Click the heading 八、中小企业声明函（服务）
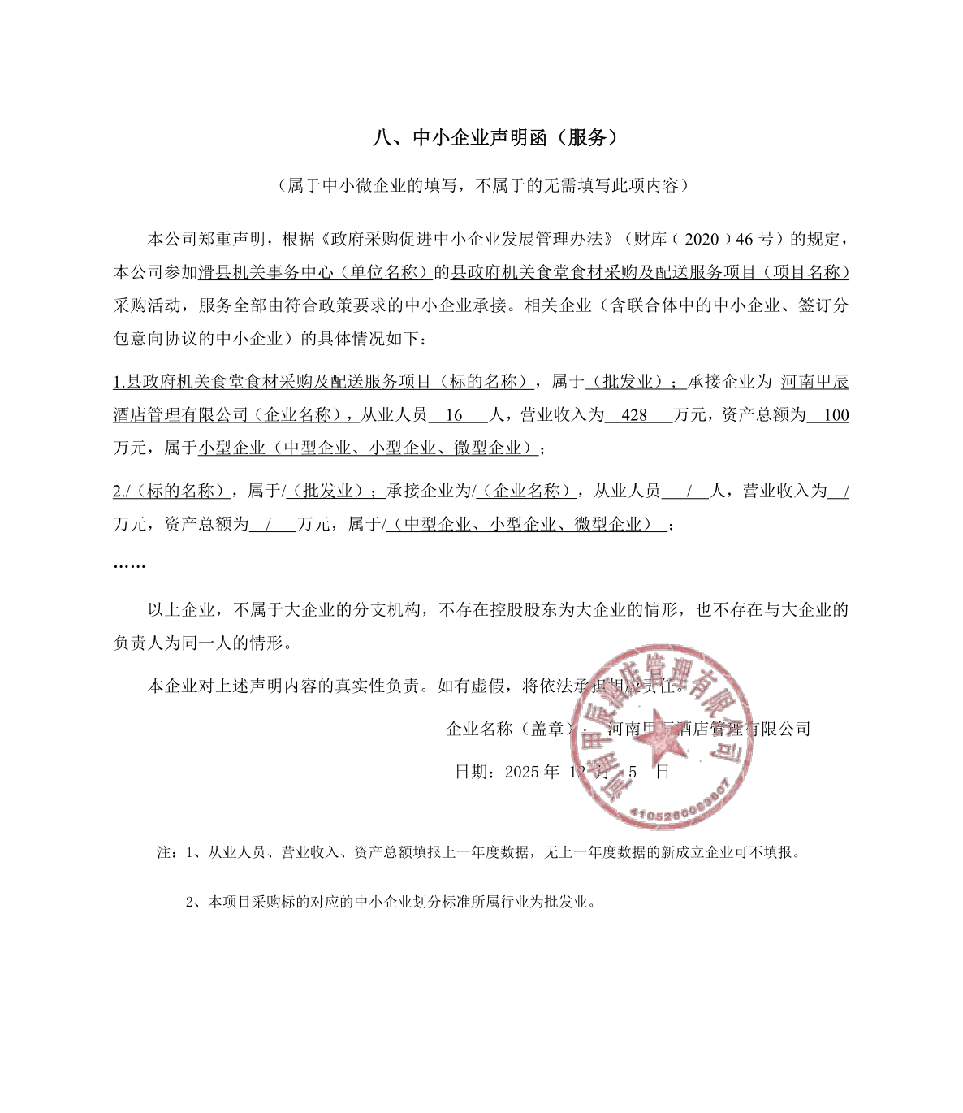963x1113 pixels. (x=495, y=138)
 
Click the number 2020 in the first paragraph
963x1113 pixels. (x=702, y=239)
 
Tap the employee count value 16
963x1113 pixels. (x=454, y=415)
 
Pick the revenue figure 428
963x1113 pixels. (x=633, y=415)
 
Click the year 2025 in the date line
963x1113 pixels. (x=522, y=772)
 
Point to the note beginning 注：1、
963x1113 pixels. (x=479, y=853)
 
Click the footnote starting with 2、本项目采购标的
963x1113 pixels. (x=391, y=902)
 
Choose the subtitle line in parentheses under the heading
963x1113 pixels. (x=482, y=186)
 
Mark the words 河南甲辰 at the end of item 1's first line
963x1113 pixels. (x=814, y=382)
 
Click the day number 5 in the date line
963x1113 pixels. (x=633, y=772)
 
